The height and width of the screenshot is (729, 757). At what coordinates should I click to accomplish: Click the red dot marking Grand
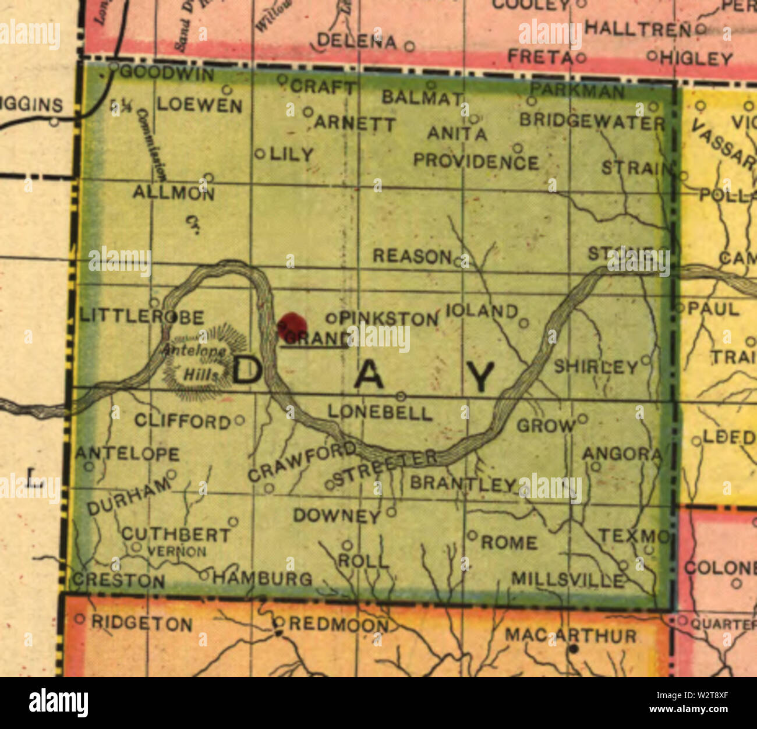coord(292,323)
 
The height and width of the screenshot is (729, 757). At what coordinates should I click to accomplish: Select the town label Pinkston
coord(390,319)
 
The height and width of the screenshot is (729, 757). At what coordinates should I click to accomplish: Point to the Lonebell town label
coord(380,413)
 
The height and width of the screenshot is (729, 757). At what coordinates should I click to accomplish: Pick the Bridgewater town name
coord(592,122)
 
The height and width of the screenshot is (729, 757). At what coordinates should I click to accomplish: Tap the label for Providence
coord(476,161)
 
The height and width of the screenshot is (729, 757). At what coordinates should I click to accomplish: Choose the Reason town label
coord(412,256)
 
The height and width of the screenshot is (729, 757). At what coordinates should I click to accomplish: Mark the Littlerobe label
coord(142,317)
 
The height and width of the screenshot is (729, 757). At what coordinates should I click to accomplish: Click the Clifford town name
coord(183,421)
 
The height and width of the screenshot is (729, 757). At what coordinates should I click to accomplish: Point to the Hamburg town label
coord(262,578)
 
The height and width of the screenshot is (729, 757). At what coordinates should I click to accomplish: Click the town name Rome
coord(508,543)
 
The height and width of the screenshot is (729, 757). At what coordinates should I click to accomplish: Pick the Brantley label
coord(463,483)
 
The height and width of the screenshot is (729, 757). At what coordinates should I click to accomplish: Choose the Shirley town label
coord(596,367)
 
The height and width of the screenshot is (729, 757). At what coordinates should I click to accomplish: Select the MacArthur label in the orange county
coord(570,635)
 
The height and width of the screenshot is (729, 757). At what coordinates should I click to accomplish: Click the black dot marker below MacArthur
coord(574,649)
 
